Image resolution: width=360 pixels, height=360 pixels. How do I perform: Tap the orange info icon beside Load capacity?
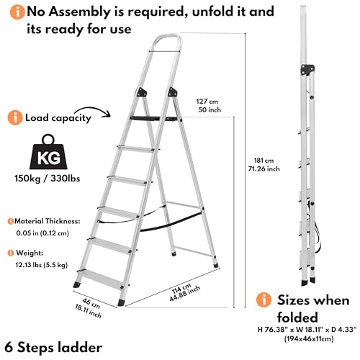14,117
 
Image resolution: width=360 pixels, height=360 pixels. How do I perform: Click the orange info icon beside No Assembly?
14,12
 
